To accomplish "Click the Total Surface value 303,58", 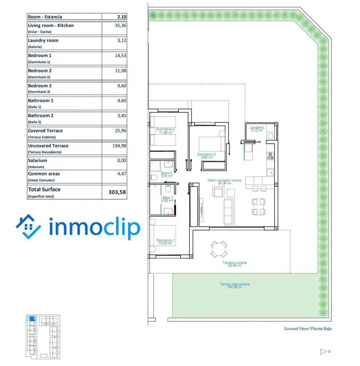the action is pyautogui.click(x=117, y=192).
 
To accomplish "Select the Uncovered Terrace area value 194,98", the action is pyautogui.click(x=119, y=146).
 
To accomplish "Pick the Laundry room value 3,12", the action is pyautogui.click(x=122, y=40).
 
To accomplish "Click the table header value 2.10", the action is pyautogui.click(x=122, y=17).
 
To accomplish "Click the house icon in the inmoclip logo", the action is pyautogui.click(x=28, y=227).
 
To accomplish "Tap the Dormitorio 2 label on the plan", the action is pyautogui.click(x=165, y=131).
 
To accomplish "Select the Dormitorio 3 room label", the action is pyautogui.click(x=206, y=156).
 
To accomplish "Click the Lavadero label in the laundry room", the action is pyautogui.click(x=257, y=129).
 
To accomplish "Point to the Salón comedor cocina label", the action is pyautogui.click(x=224, y=182).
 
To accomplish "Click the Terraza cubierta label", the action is pyautogui.click(x=234, y=264).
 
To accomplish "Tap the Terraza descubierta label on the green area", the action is pyautogui.click(x=235, y=285).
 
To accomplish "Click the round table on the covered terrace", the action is pyautogui.click(x=219, y=249).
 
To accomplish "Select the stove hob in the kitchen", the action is pyautogui.click(x=271, y=156).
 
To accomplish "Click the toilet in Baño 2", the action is pyautogui.click(x=154, y=177).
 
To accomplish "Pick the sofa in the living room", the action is pyautogui.click(x=229, y=212).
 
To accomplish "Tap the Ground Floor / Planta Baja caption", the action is pyautogui.click(x=308, y=329).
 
